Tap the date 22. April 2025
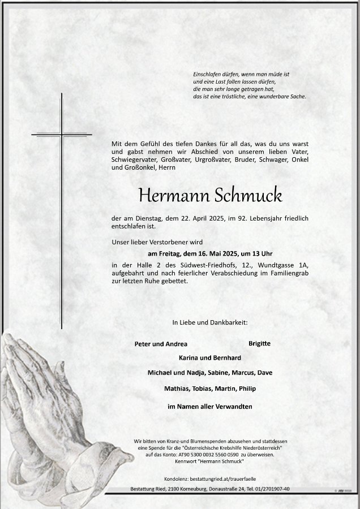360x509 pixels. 206,218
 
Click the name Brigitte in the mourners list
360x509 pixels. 259,343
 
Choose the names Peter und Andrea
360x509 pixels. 161,344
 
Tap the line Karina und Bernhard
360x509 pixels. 210,358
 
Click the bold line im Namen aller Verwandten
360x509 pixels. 210,407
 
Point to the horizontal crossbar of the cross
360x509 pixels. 61,135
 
